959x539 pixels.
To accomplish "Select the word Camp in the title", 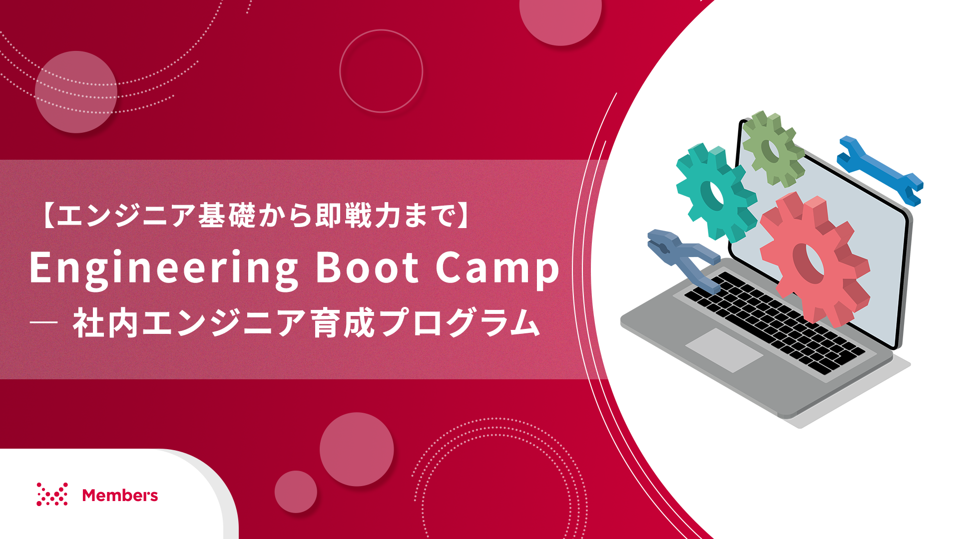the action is point(497,269).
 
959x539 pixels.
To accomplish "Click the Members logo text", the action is point(120,495).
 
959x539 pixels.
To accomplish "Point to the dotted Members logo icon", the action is point(52,494).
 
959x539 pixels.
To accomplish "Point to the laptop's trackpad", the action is point(724,350).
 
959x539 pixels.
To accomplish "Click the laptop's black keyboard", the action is point(774,322).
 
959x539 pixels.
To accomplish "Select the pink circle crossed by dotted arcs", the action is point(76,92).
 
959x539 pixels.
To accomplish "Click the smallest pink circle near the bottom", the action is point(296,492).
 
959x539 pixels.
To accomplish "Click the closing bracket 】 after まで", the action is point(464,216).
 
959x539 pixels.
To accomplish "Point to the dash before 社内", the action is point(44,323).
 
